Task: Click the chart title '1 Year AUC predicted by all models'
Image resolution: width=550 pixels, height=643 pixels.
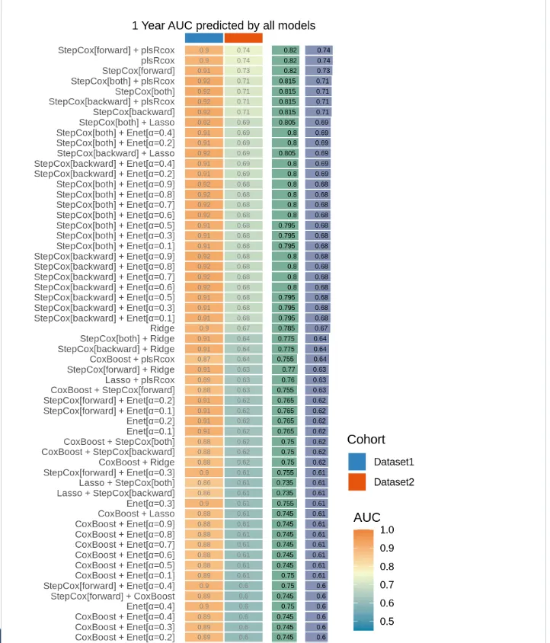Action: point(223,25)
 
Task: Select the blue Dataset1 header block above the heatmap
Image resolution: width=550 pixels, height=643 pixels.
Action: point(204,38)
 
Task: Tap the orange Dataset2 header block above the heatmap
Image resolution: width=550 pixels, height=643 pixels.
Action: point(243,38)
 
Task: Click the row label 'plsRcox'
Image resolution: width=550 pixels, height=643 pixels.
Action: point(158,60)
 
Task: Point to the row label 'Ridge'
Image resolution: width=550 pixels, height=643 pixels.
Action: point(162,328)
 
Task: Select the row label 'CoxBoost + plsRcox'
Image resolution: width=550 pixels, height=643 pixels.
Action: point(132,359)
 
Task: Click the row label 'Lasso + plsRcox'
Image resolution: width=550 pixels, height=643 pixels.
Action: point(139,379)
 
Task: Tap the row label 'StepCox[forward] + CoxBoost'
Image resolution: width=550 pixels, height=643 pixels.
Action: point(113,596)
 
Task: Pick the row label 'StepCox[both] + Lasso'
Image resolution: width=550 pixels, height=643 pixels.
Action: point(126,122)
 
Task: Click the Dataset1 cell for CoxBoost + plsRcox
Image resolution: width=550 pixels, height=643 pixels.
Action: point(204,359)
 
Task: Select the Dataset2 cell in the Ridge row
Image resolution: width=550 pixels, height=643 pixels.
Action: point(243,328)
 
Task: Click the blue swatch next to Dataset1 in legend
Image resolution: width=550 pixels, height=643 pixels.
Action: point(357,462)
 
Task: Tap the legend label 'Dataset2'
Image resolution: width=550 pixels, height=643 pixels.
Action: point(393,481)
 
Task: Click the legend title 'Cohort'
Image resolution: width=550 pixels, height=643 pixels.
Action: point(366,440)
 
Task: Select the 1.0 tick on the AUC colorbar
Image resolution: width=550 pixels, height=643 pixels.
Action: point(387,529)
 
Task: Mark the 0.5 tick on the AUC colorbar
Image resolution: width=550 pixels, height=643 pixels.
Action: point(387,621)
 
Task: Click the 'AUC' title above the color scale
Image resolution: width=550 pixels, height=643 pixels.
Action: point(367,517)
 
